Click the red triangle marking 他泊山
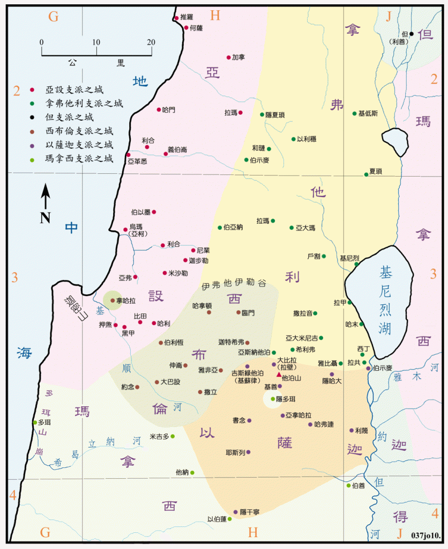278,375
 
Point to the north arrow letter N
46,217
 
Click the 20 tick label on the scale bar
151,42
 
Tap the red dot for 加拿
229,57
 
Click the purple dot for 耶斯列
248,452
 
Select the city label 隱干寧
250,512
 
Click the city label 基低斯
368,113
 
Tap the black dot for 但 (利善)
412,34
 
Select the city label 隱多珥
286,399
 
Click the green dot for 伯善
348,486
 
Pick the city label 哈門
168,109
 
